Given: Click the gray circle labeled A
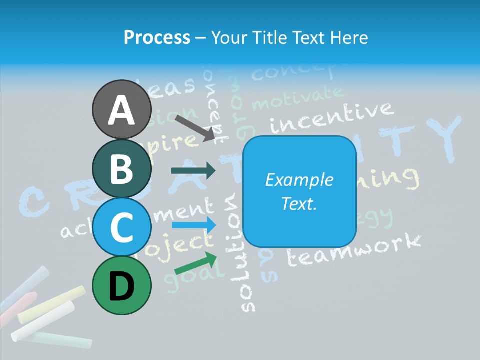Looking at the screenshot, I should coord(122,109).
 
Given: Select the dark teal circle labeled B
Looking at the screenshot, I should coord(122,168).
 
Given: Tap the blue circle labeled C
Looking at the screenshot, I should coord(122,227).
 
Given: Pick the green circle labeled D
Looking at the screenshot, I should coord(122,285).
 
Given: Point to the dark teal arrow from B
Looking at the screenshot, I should coord(193,171).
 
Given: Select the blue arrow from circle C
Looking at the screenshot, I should coord(194,225).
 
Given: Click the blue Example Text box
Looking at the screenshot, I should coord(299,191).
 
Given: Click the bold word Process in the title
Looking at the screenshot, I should coord(157,37).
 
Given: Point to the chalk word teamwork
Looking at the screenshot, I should coord(354,250).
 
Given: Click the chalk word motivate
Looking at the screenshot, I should coord(298,98).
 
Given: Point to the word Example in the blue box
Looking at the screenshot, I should coord(299,180).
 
